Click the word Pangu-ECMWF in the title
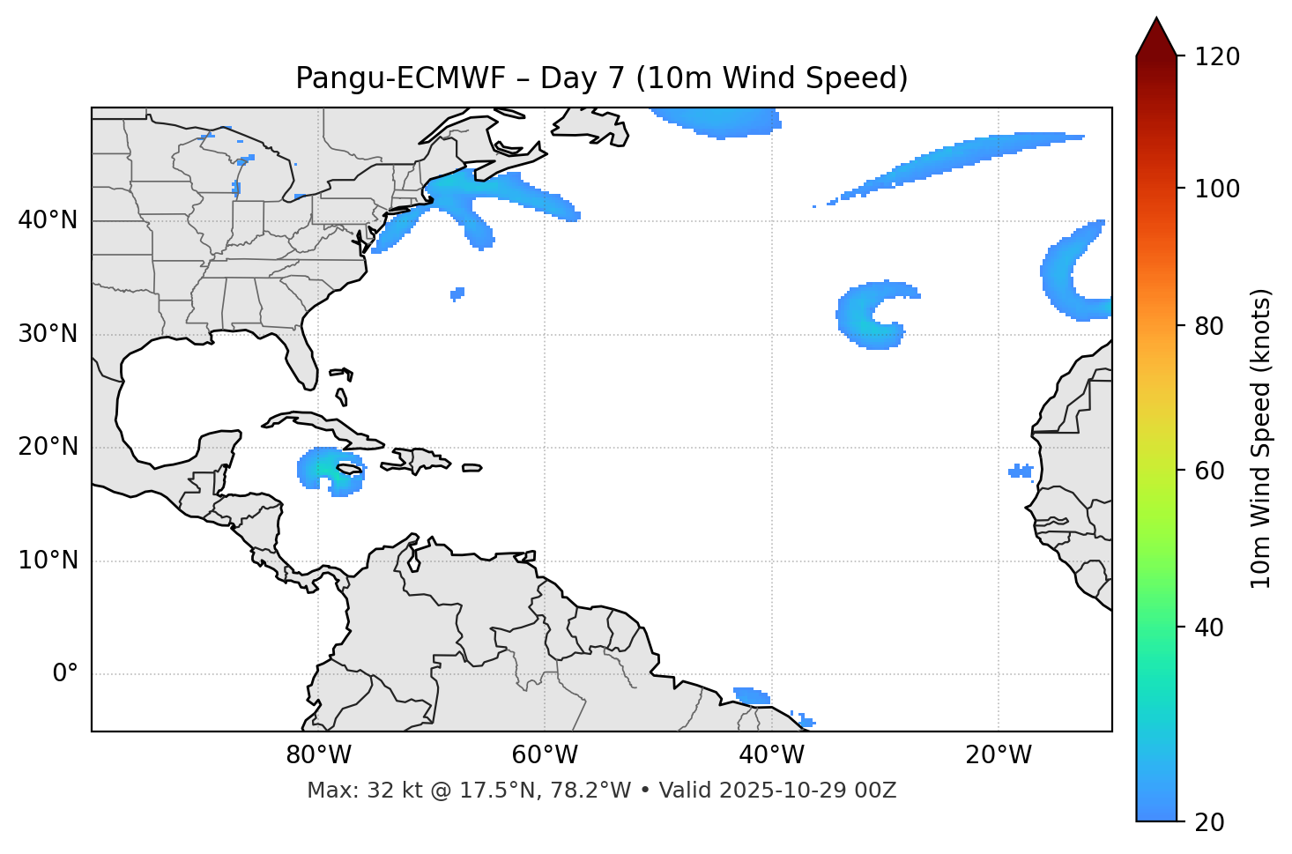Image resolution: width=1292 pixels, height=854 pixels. click(x=400, y=78)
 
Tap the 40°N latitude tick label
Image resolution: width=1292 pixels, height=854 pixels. click(x=48, y=220)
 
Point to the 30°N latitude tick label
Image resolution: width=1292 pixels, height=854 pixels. click(x=48, y=334)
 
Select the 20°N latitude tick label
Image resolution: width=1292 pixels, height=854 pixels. click(x=48, y=447)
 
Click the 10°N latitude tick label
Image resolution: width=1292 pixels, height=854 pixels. click(x=48, y=561)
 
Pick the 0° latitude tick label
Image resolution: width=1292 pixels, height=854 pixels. click(x=64, y=674)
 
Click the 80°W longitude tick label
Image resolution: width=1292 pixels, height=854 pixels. click(x=317, y=755)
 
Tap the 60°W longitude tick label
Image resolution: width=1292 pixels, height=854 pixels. click(x=544, y=755)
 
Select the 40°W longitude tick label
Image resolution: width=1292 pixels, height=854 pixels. click(x=771, y=755)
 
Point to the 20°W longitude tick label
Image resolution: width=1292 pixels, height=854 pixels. click(x=998, y=755)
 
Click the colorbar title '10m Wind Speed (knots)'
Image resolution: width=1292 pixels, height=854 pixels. click(x=1261, y=438)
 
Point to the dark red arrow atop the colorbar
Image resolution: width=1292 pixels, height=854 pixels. click(x=1156, y=38)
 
